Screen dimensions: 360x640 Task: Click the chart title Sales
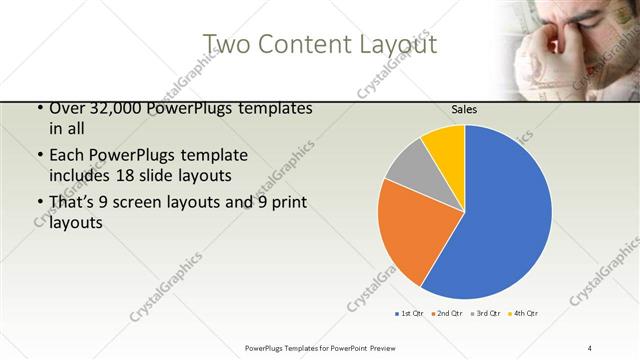coord(464,109)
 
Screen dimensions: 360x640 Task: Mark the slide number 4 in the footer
coord(590,347)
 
